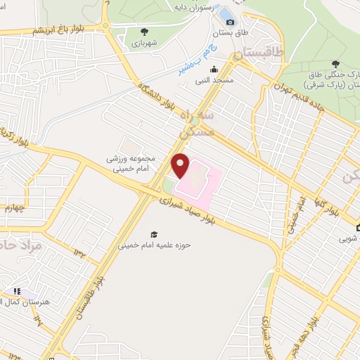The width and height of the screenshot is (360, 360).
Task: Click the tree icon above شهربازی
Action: point(145,32)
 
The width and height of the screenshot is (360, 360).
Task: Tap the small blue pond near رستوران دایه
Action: point(226,13)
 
